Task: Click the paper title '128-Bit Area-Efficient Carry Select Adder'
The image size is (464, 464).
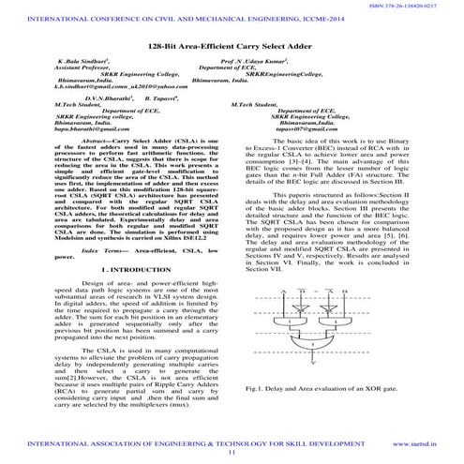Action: pos(232,46)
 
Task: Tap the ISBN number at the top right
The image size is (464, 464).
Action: pos(423,6)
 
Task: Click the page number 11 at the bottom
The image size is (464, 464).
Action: pos(232,453)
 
